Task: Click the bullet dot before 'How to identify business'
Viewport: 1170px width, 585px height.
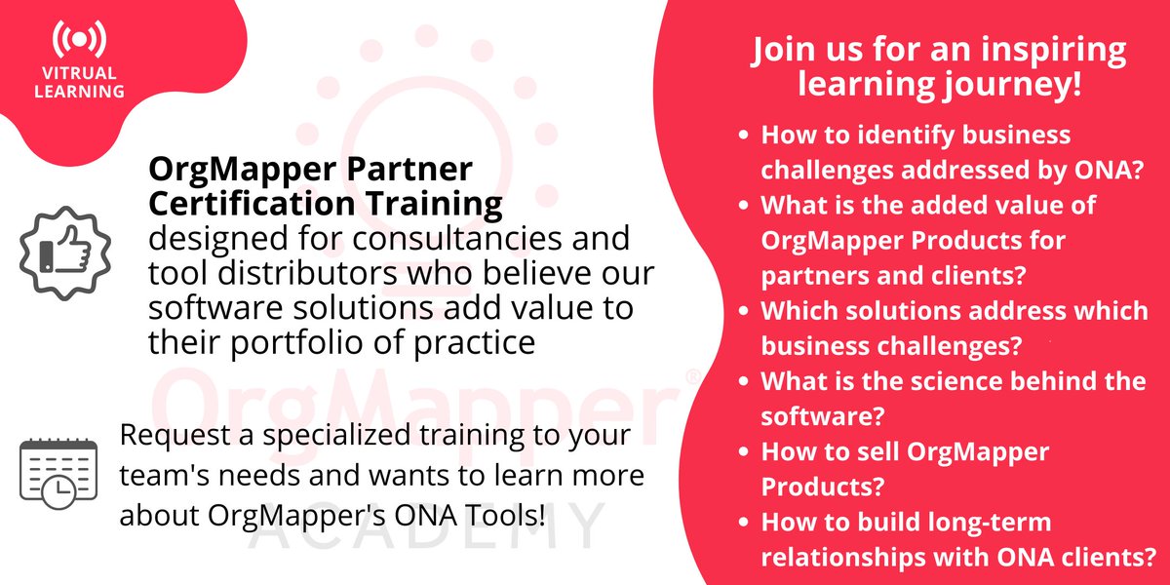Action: click(746, 136)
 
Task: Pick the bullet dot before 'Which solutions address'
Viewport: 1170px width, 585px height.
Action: click(746, 312)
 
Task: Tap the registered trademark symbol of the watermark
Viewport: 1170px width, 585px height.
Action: click(691, 376)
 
